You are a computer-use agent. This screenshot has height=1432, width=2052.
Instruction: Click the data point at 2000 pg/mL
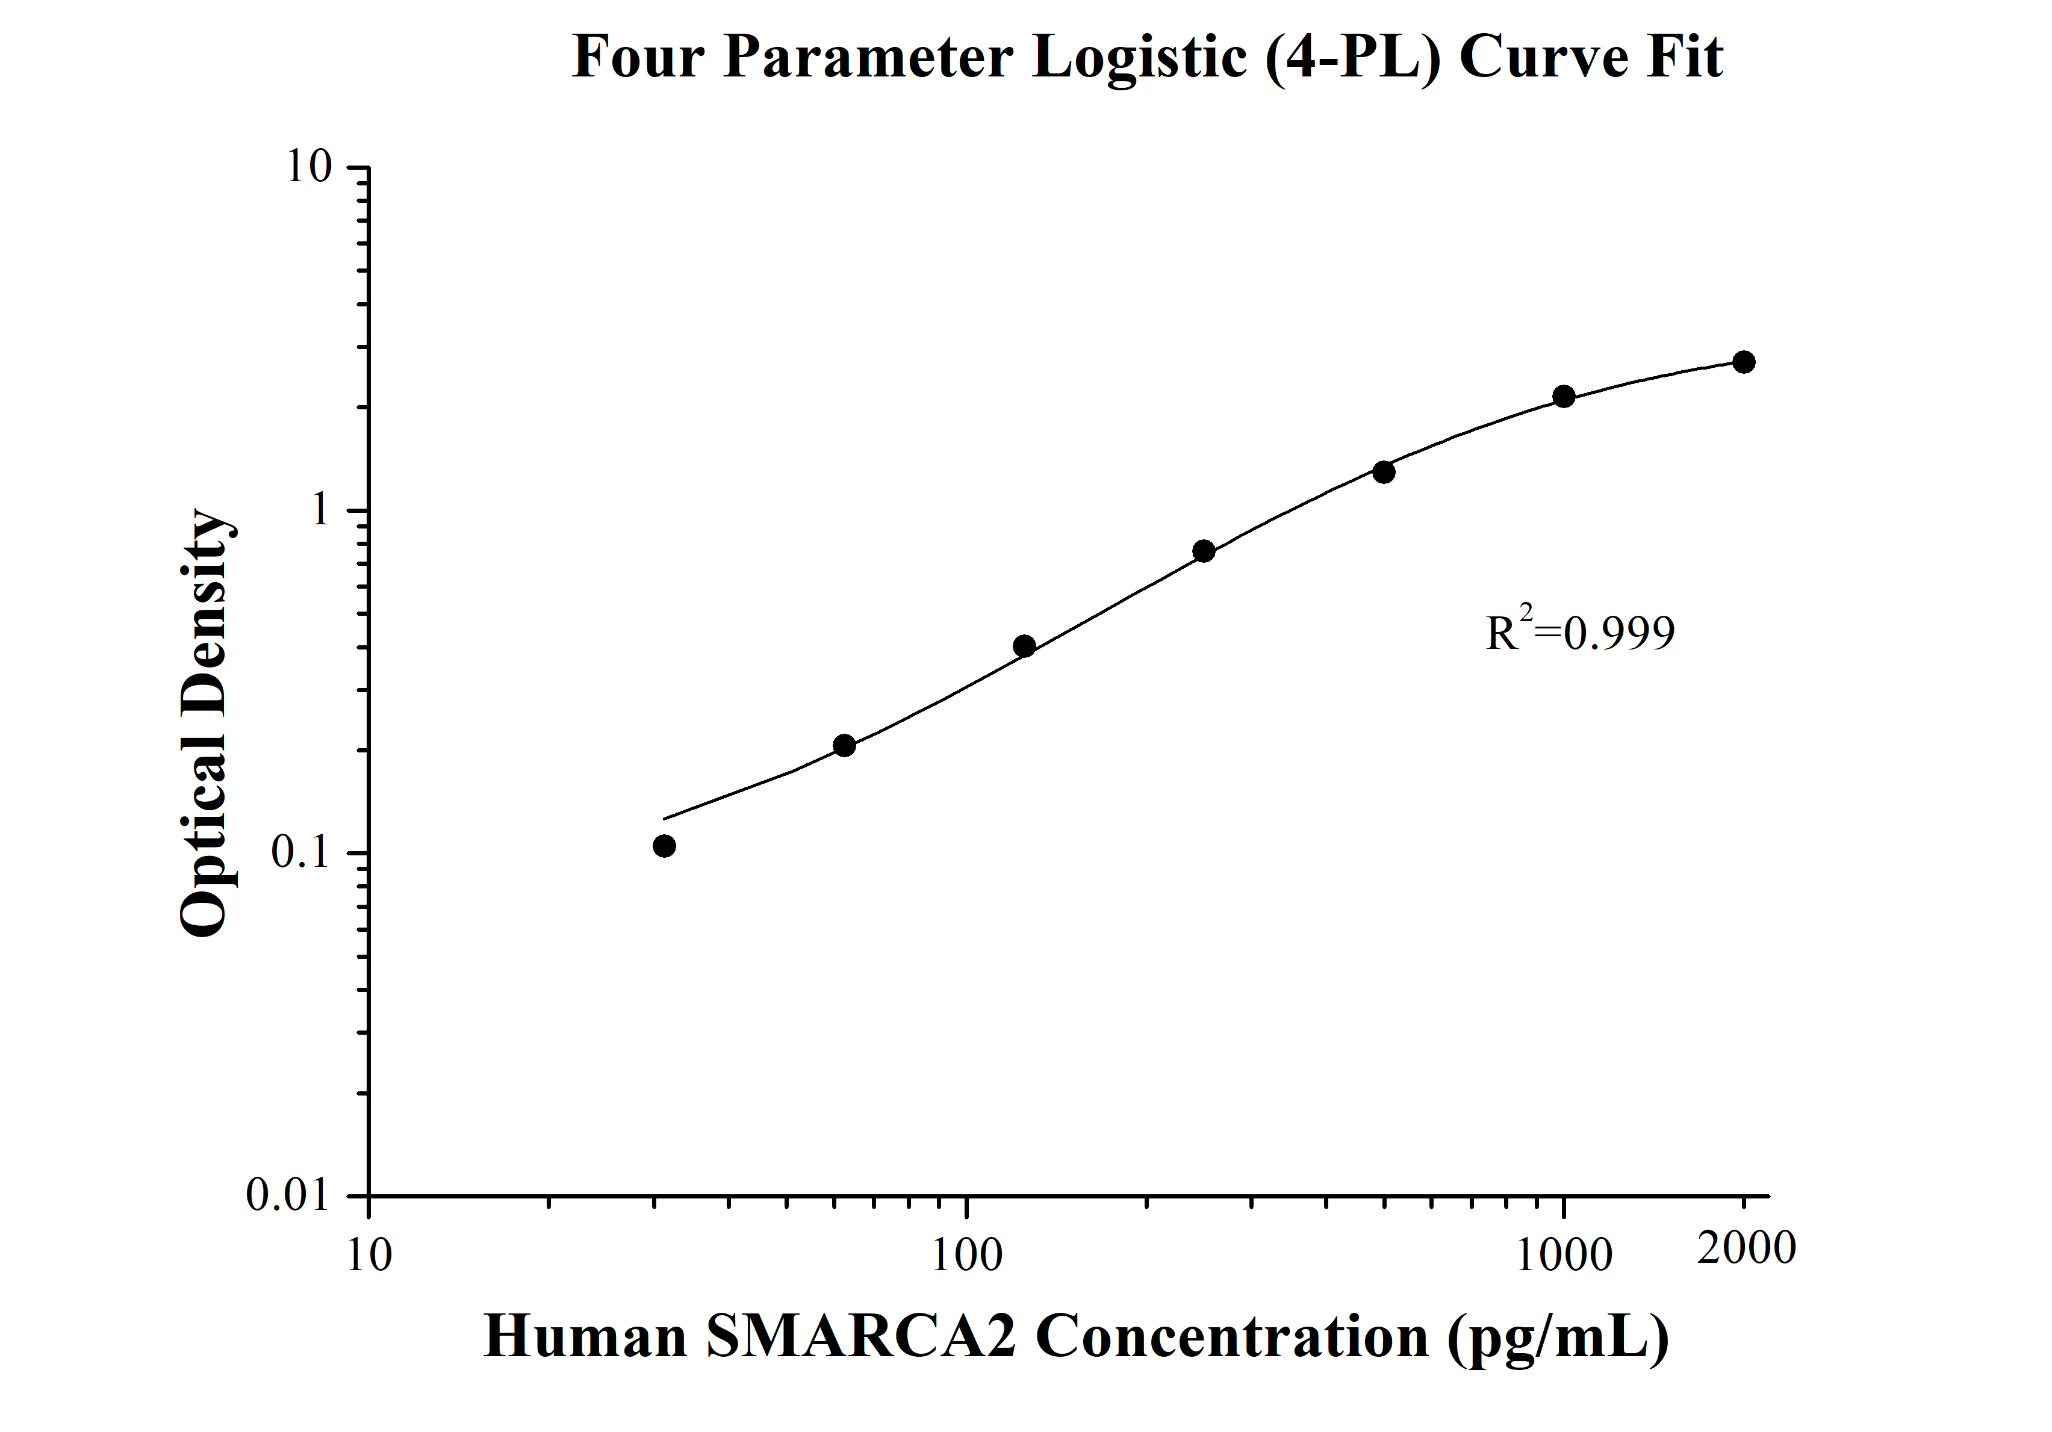1743,362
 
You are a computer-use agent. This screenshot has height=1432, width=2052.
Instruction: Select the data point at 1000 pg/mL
1563,397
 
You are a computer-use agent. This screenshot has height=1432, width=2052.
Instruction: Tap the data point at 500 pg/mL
1384,472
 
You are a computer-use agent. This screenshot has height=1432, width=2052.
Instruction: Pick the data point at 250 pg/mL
1204,551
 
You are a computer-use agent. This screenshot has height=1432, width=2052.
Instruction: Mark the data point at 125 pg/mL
1025,646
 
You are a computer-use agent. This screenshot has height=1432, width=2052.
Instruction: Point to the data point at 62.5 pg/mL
844,745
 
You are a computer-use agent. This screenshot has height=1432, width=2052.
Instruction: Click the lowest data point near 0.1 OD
664,846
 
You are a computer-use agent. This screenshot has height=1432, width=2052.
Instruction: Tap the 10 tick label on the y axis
308,167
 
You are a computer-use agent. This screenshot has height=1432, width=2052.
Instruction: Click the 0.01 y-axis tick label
288,1195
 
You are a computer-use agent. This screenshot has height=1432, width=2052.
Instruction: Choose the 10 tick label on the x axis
368,1255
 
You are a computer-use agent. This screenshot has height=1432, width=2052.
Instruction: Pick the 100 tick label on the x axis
967,1255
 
